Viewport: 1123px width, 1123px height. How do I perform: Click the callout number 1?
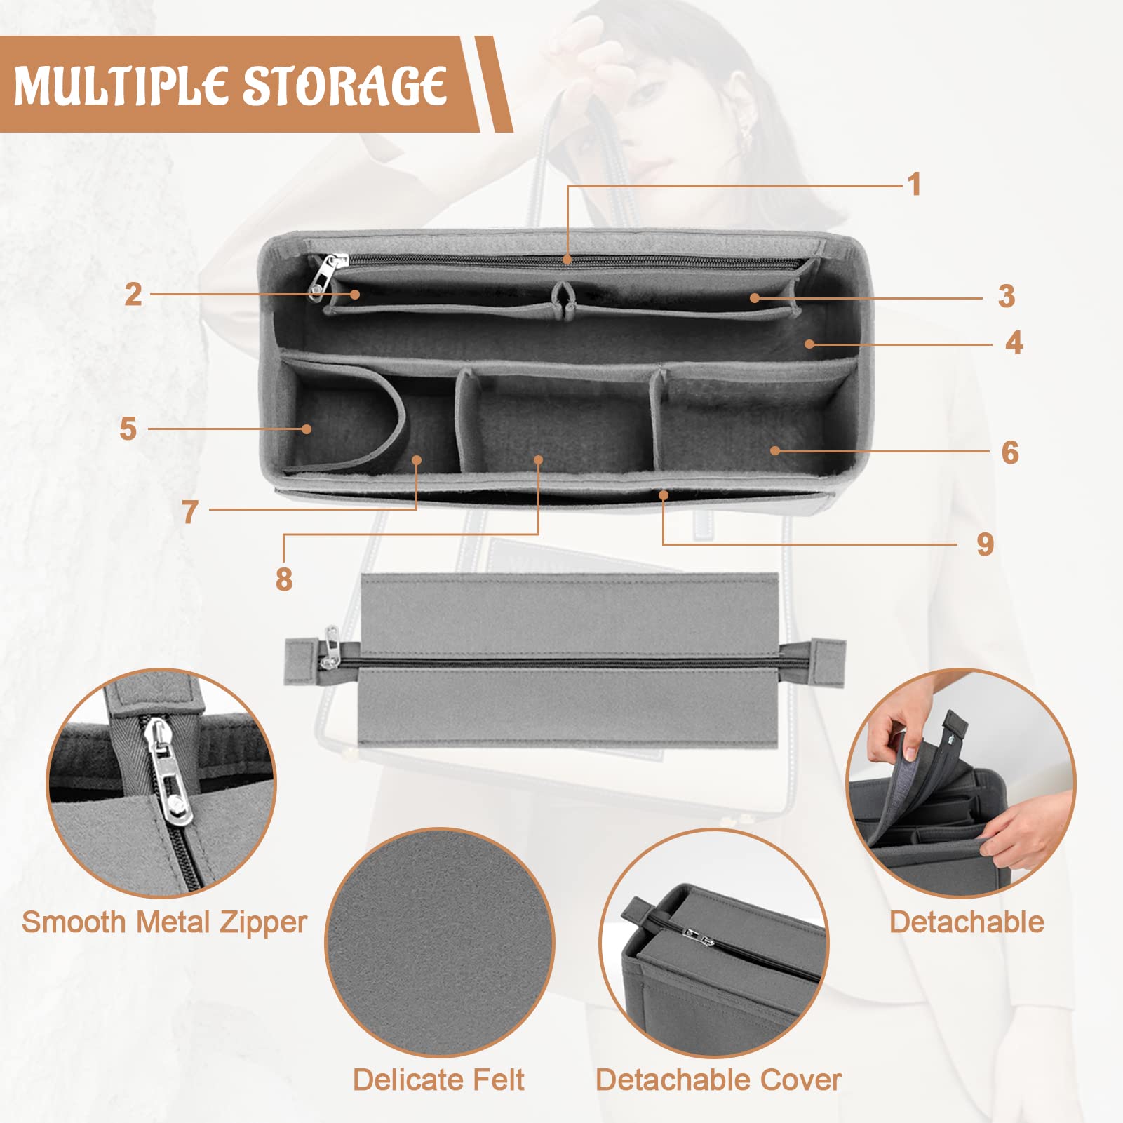pos(913,184)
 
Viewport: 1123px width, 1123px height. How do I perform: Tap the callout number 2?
pos(133,294)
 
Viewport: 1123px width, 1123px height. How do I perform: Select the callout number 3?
pos(1007,296)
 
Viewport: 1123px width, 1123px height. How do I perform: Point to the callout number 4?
pos(1014,342)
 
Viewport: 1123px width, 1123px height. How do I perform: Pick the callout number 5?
pos(128,429)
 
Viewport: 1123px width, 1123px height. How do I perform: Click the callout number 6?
pos(1010,452)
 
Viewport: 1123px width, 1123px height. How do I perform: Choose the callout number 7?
pos(189,512)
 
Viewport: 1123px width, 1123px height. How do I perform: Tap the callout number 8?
pos(284,579)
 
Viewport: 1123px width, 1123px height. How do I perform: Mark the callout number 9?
pos(986,544)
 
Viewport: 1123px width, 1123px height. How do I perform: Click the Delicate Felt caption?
pos(438,1080)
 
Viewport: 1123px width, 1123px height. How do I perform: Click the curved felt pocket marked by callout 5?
pos(342,417)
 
